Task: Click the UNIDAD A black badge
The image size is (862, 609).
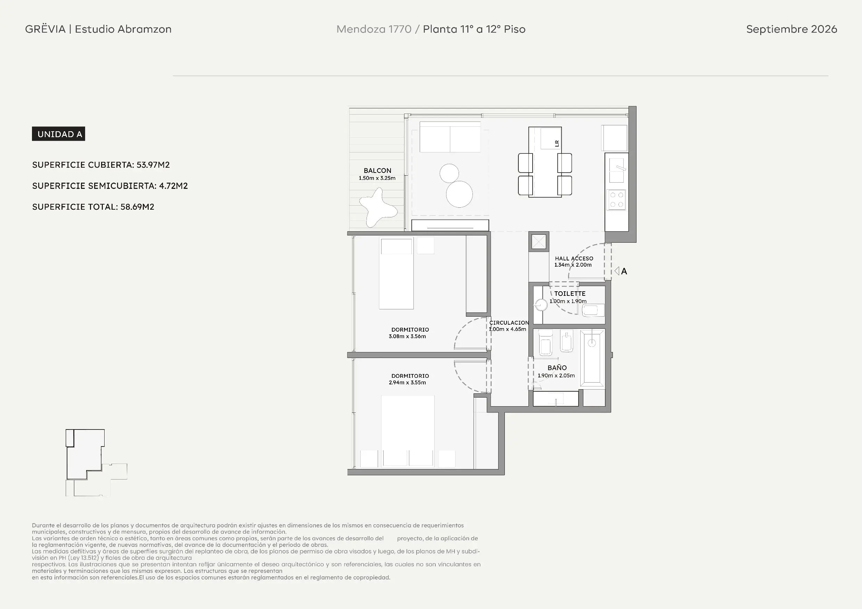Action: click(59, 134)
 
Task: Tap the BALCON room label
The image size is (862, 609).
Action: click(377, 170)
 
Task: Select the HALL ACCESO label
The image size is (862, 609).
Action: click(574, 259)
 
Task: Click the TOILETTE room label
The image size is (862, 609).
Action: click(570, 293)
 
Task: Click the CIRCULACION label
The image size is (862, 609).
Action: click(509, 323)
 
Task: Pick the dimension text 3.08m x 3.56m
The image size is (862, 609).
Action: click(407, 336)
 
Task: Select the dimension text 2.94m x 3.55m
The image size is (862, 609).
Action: click(407, 382)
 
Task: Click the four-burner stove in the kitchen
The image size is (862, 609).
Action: click(616, 200)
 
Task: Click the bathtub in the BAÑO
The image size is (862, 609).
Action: click(592, 358)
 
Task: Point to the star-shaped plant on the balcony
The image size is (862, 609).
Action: click(378, 208)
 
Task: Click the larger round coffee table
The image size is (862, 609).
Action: click(459, 194)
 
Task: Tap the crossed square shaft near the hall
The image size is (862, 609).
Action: click(539, 242)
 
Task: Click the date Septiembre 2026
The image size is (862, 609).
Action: click(791, 29)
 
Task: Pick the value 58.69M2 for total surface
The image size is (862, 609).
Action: click(137, 207)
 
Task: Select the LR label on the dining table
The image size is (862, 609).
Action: click(557, 143)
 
